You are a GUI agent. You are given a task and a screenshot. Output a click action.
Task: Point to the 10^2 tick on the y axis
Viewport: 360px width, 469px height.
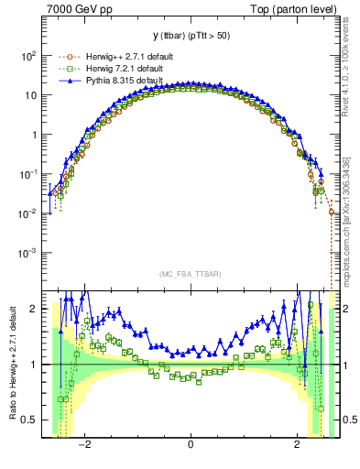point(27,56)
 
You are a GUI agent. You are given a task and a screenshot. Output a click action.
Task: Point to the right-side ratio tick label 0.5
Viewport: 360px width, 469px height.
point(347,420)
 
